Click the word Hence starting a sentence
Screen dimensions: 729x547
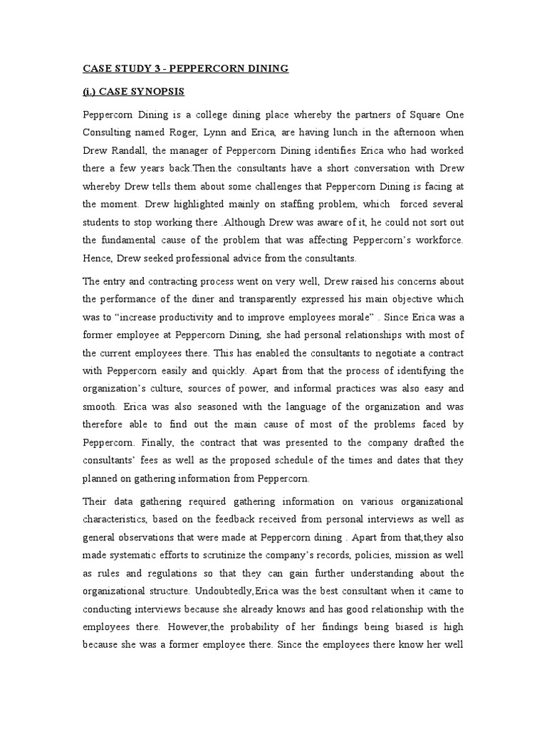98,258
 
